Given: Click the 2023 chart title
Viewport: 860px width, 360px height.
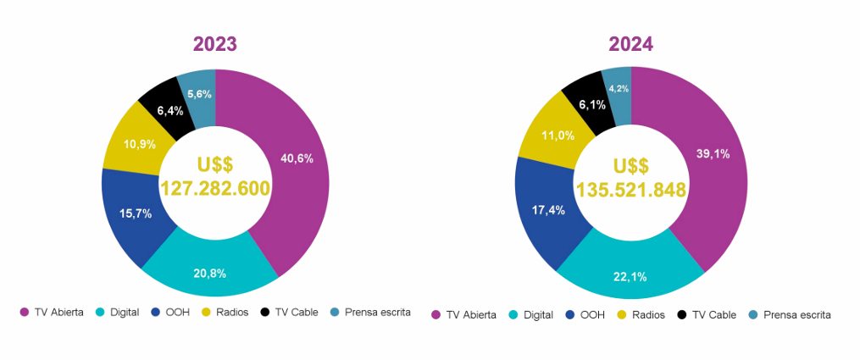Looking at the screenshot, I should click(x=214, y=44).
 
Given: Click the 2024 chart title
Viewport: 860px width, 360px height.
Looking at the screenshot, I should click(x=630, y=44).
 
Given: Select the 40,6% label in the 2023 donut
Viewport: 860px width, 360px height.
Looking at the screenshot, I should click(x=296, y=158).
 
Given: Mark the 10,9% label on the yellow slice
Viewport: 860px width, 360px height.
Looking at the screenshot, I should click(x=139, y=144).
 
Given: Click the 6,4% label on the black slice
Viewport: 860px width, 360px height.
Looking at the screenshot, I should click(x=170, y=110).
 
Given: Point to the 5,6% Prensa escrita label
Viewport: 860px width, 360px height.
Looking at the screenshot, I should click(x=199, y=94).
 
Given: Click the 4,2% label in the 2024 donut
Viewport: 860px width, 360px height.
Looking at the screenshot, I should click(x=619, y=89).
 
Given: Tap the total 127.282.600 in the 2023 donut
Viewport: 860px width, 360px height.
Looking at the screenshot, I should click(x=215, y=188).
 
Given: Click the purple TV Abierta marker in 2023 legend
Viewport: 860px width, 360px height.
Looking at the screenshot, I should click(x=24, y=313).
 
